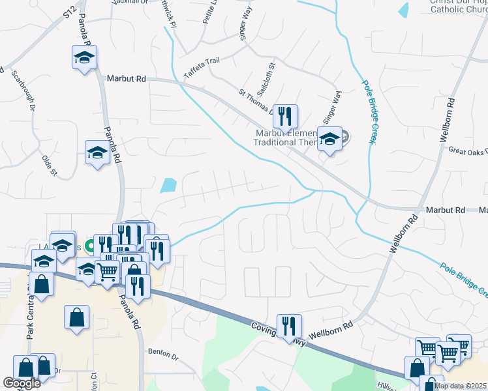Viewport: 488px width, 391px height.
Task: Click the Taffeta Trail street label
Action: [202, 68]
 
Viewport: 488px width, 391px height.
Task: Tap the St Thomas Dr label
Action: [256, 102]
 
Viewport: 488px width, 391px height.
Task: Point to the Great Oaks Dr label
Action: [468, 151]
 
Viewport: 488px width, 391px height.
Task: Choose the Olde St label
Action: [50, 165]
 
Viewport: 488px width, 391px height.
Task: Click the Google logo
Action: [22, 383]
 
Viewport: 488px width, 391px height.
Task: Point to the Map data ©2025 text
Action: [461, 386]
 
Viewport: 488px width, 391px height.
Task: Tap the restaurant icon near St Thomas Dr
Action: [285, 117]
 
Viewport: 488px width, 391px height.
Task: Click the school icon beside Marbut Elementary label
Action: [330, 139]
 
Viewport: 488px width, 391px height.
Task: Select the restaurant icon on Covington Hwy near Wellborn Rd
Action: [289, 326]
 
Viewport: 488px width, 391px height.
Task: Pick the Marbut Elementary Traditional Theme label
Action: [285, 138]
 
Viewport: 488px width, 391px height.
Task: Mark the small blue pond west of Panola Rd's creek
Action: [168, 185]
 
